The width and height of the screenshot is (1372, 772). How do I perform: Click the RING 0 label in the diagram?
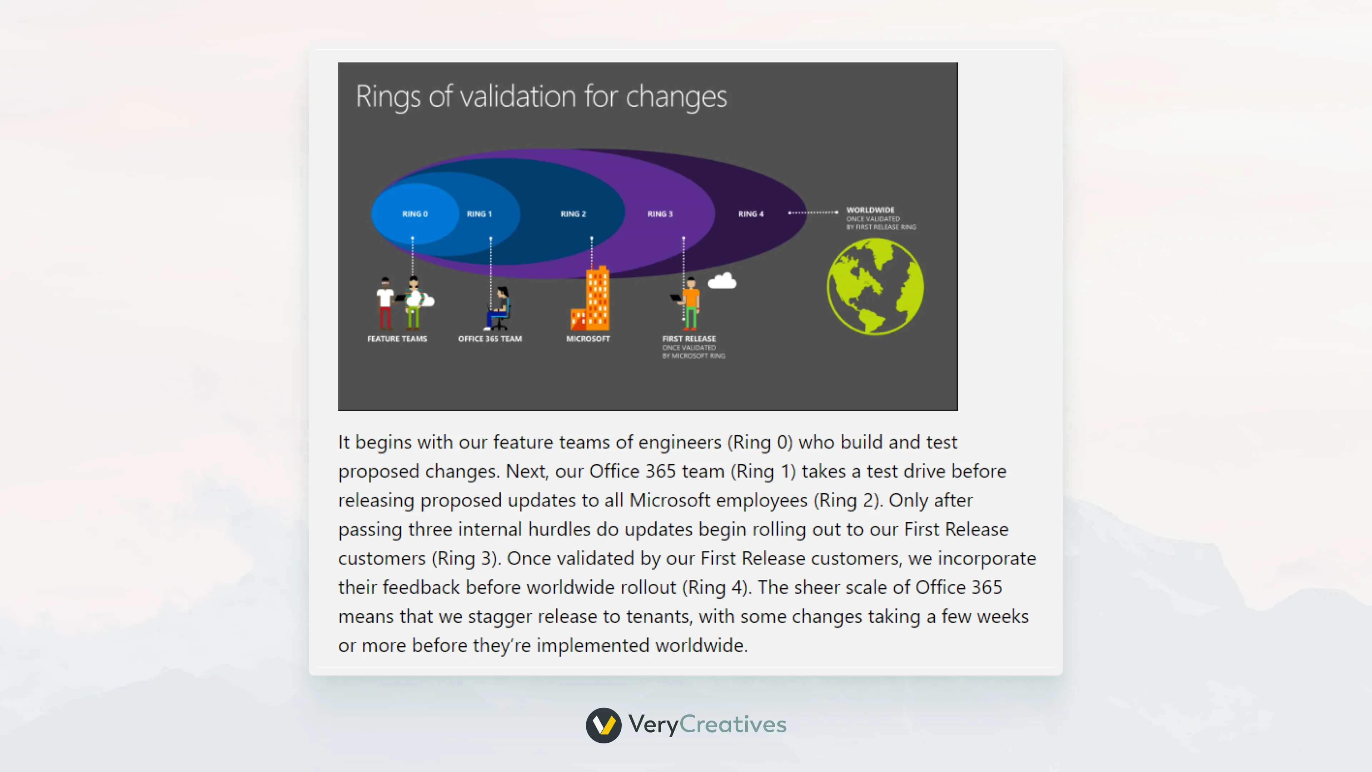pos(415,214)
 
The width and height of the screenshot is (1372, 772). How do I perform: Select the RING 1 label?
pos(479,214)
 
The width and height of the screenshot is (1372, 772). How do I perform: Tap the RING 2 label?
pos(573,214)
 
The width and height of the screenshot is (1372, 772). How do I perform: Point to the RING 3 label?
pos(660,214)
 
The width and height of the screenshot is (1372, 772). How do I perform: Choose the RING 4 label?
pos(750,214)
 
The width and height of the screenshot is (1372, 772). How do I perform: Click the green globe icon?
pos(875,287)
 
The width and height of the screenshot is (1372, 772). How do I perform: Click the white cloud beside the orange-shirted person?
pos(722,281)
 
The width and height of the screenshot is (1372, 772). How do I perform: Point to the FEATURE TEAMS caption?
pos(397,339)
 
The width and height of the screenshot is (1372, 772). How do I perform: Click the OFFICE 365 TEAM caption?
pos(490,339)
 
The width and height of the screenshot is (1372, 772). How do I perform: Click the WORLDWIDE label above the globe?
pos(870,210)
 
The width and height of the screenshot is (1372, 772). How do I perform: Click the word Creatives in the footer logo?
pos(733,724)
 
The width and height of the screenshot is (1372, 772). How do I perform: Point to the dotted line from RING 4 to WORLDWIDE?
pos(813,213)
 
